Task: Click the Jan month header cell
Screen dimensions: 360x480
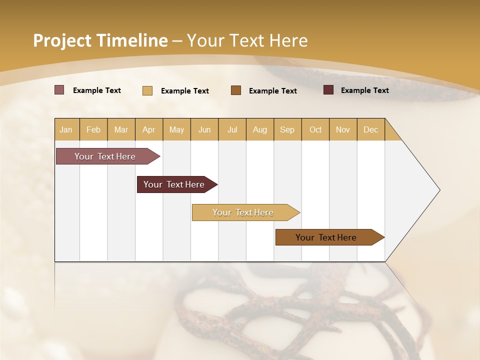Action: tap(66, 129)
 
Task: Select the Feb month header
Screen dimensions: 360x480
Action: tap(93, 129)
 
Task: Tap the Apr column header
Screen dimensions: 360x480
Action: tap(149, 129)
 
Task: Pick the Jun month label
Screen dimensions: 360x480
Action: tap(204, 129)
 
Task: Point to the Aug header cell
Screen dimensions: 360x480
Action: tap(260, 129)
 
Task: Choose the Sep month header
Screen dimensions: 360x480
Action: tap(287, 129)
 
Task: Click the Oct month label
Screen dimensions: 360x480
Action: tap(315, 129)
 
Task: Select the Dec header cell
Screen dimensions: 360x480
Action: tap(371, 129)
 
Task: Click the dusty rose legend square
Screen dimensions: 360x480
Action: tap(59, 90)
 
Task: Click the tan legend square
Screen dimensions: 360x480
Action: tap(147, 90)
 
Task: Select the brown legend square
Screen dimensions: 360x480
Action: tap(236, 90)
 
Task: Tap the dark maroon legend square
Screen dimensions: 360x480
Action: tap(328, 90)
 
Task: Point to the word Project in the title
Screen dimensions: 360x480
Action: tap(62, 40)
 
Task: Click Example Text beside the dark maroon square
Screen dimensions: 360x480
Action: tap(364, 90)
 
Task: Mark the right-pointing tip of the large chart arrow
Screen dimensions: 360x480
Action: tap(439, 190)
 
